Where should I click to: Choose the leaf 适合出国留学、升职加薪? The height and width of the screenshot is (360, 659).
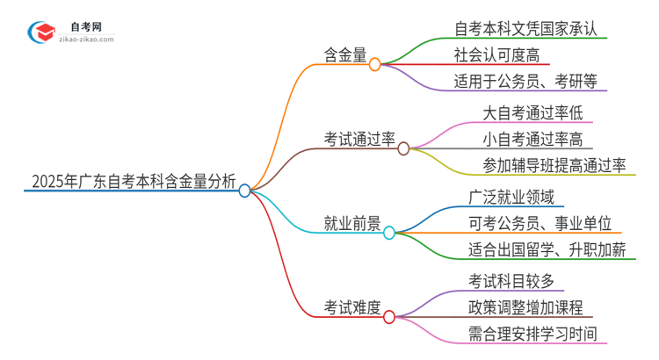[547, 250]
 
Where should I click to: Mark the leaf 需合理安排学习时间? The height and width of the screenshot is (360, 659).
[539, 334]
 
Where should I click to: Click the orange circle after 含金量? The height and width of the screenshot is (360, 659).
[374, 64]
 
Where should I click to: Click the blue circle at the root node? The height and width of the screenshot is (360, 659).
[245, 191]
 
